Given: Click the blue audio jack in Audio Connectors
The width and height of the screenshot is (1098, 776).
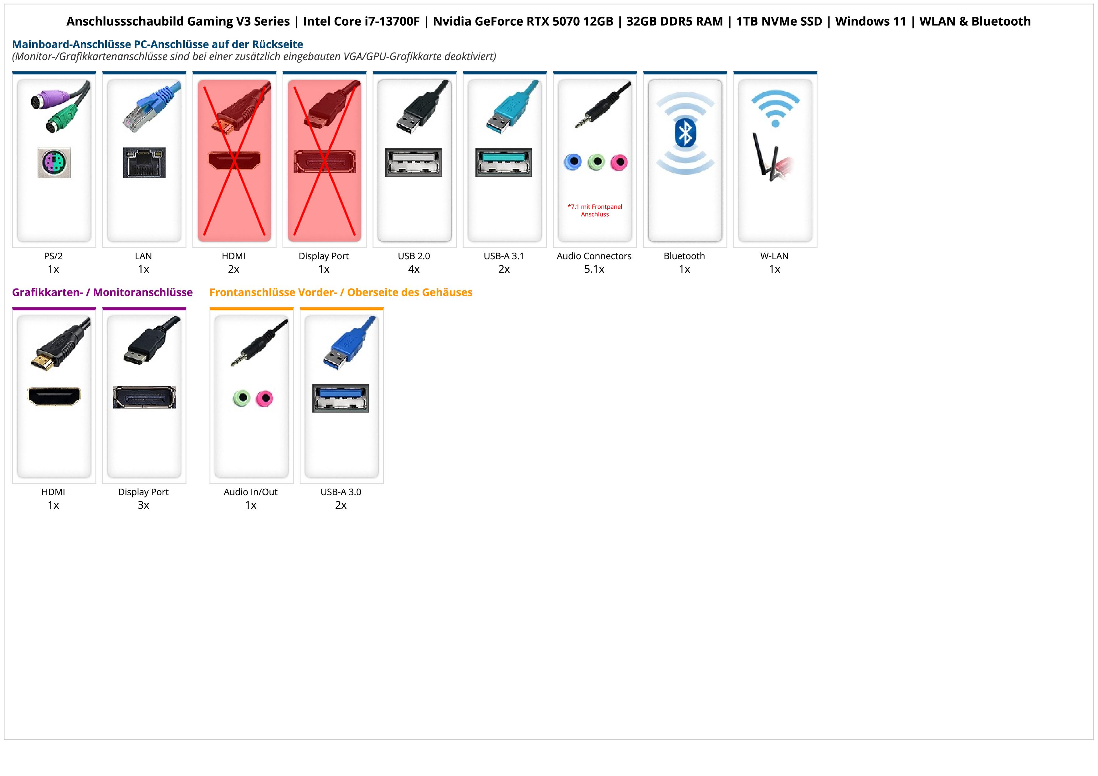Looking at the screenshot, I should coord(573,162).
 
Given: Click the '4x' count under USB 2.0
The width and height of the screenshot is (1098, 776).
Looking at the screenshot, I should coord(414,269).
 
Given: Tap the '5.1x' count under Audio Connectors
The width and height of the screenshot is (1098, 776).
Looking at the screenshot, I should coord(594,269).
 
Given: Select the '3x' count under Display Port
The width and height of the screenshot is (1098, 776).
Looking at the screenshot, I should coord(143,505).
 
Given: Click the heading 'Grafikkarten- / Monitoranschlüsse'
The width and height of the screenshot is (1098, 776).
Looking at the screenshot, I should coord(102,292).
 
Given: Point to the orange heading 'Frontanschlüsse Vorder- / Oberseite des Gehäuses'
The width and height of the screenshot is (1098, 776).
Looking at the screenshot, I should coord(341,292).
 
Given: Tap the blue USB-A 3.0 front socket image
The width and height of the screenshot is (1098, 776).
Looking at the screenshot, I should coord(341,398).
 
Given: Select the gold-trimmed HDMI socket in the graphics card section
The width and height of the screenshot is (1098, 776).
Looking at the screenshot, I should coord(54,396).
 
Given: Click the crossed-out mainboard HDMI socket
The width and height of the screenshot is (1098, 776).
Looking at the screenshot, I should coord(234,160).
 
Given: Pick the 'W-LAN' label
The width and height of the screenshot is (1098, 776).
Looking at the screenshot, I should coord(774,256).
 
